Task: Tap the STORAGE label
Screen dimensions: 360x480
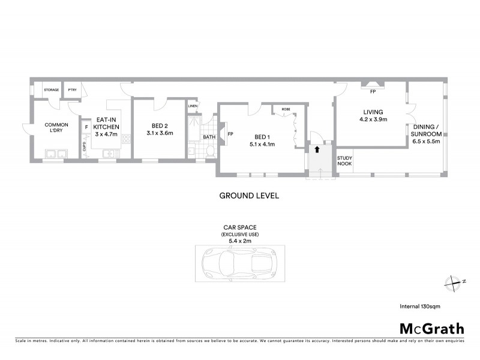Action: coord(51,90)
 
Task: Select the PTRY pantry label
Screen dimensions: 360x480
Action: coord(71,90)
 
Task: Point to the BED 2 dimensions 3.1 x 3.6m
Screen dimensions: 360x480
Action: coord(158,134)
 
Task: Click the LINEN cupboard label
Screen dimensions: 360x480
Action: coord(193,107)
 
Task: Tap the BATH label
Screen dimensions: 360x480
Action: coord(209,137)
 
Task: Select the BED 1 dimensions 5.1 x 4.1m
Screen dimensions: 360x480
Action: coord(262,144)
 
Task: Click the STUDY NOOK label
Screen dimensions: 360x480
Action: coord(344,161)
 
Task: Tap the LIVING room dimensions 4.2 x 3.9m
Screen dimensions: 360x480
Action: coord(373,119)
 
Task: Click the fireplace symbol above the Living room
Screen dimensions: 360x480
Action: coord(373,85)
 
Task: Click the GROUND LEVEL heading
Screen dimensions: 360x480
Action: coord(249,196)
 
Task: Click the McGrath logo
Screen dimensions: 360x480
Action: coord(431,328)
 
